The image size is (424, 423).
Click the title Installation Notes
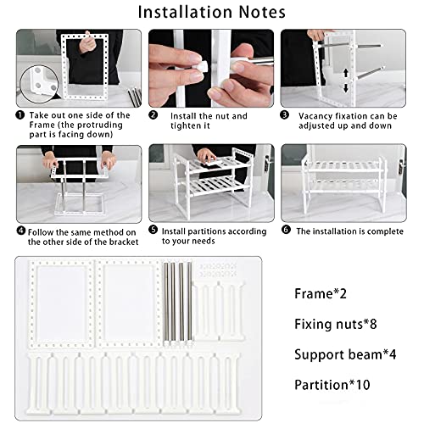211,13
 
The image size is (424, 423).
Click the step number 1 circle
20,115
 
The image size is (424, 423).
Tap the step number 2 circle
153,115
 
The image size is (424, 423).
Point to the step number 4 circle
20,229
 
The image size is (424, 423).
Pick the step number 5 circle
153,229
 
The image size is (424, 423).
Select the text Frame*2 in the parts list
322,293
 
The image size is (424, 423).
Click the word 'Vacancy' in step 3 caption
320,115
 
